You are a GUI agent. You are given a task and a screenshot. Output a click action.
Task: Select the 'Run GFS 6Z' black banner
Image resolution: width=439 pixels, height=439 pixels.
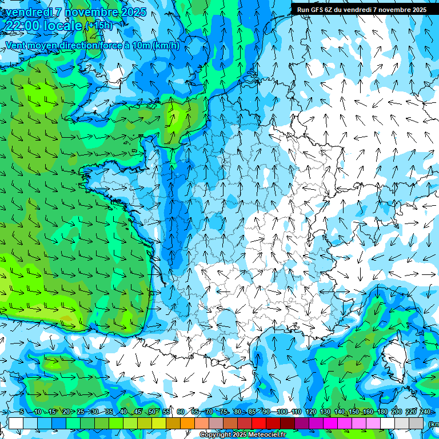361,10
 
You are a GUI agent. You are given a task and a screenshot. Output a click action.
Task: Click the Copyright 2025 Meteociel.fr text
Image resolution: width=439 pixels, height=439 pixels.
242,435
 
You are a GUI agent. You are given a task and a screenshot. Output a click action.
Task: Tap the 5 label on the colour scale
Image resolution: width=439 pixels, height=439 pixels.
21,412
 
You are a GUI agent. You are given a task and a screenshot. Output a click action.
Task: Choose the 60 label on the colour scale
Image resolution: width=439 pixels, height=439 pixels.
181,412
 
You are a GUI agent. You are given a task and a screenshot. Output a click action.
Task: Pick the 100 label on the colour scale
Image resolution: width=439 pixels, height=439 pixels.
282,412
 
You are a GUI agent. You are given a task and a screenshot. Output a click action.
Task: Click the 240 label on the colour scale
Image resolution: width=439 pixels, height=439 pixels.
425,412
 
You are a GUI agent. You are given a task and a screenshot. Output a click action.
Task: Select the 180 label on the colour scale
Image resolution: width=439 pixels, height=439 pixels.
382,412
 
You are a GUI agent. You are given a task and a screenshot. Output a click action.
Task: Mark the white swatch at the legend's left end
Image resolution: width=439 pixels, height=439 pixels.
16,423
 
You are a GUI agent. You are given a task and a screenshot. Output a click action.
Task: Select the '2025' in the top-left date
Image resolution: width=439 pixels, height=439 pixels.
133,12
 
